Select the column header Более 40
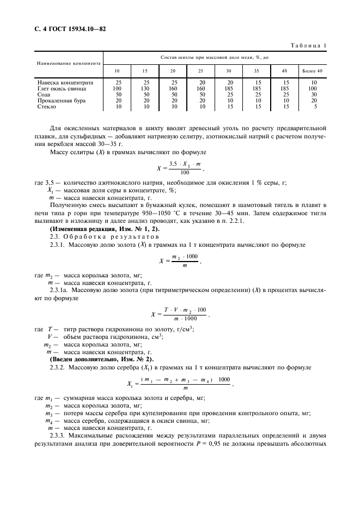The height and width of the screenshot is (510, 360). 312,71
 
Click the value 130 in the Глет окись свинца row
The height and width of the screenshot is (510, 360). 145,88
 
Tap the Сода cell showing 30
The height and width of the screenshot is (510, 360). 314,94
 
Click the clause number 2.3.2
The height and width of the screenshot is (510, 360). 57,367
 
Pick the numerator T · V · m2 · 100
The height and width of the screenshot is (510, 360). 185,309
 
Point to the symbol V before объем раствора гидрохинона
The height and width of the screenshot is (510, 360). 50,336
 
